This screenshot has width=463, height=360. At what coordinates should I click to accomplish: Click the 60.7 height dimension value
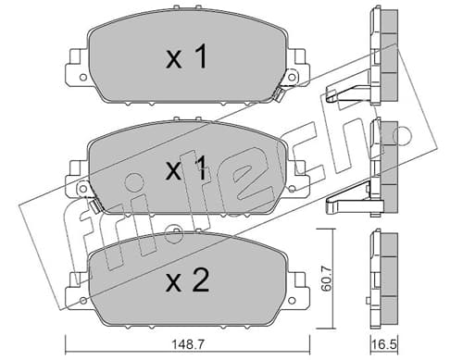(326, 279)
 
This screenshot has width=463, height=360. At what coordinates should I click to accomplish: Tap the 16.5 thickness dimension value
(384, 344)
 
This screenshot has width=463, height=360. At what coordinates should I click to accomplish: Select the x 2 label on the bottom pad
(187, 280)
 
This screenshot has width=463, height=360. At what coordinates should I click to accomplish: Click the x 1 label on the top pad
(186, 56)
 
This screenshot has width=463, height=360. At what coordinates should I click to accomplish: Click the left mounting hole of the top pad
(82, 77)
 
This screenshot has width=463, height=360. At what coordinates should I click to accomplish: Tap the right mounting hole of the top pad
(292, 77)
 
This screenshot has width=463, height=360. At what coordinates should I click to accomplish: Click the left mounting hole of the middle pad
(82, 189)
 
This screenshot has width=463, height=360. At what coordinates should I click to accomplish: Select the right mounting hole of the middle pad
(292, 189)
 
